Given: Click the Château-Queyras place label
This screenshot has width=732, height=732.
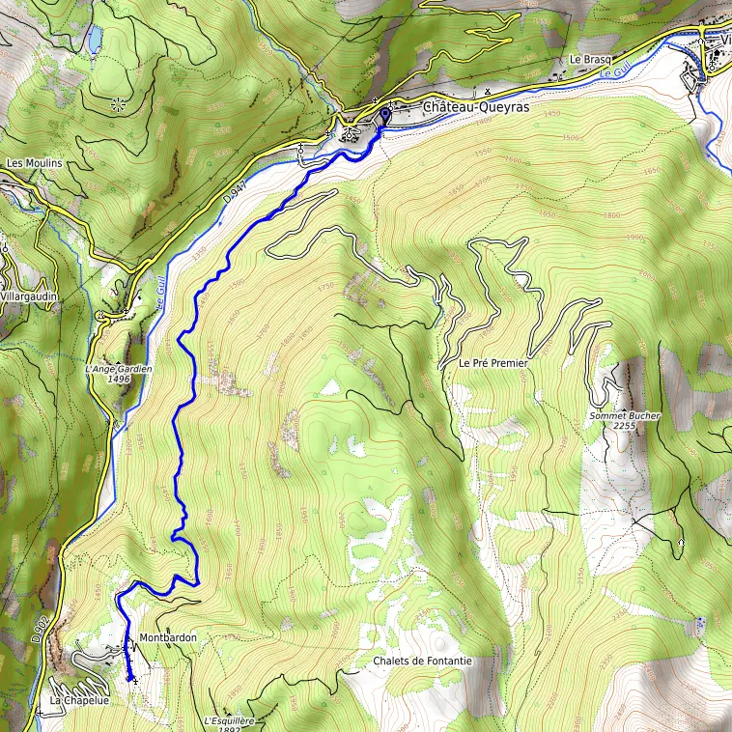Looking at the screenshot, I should coord(475,109).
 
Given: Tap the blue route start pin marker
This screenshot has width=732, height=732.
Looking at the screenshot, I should coord(383,117).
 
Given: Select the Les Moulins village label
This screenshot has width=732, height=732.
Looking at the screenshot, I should coord(34,163).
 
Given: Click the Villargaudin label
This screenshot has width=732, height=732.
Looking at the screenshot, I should coord(30,296).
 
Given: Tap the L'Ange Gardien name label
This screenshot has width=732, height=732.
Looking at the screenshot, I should coord(120,369).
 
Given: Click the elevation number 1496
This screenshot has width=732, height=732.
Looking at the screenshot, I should coord(120,380).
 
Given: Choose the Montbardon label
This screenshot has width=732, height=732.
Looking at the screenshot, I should coord(168,638).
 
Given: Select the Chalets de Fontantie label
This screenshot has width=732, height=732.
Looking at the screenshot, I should coord(422,661).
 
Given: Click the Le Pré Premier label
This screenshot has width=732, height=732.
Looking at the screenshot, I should coord(493,364).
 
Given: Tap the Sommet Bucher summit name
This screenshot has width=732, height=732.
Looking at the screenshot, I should coord(625,416).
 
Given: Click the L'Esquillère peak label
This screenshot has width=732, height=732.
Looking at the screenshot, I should coord(229,719).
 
